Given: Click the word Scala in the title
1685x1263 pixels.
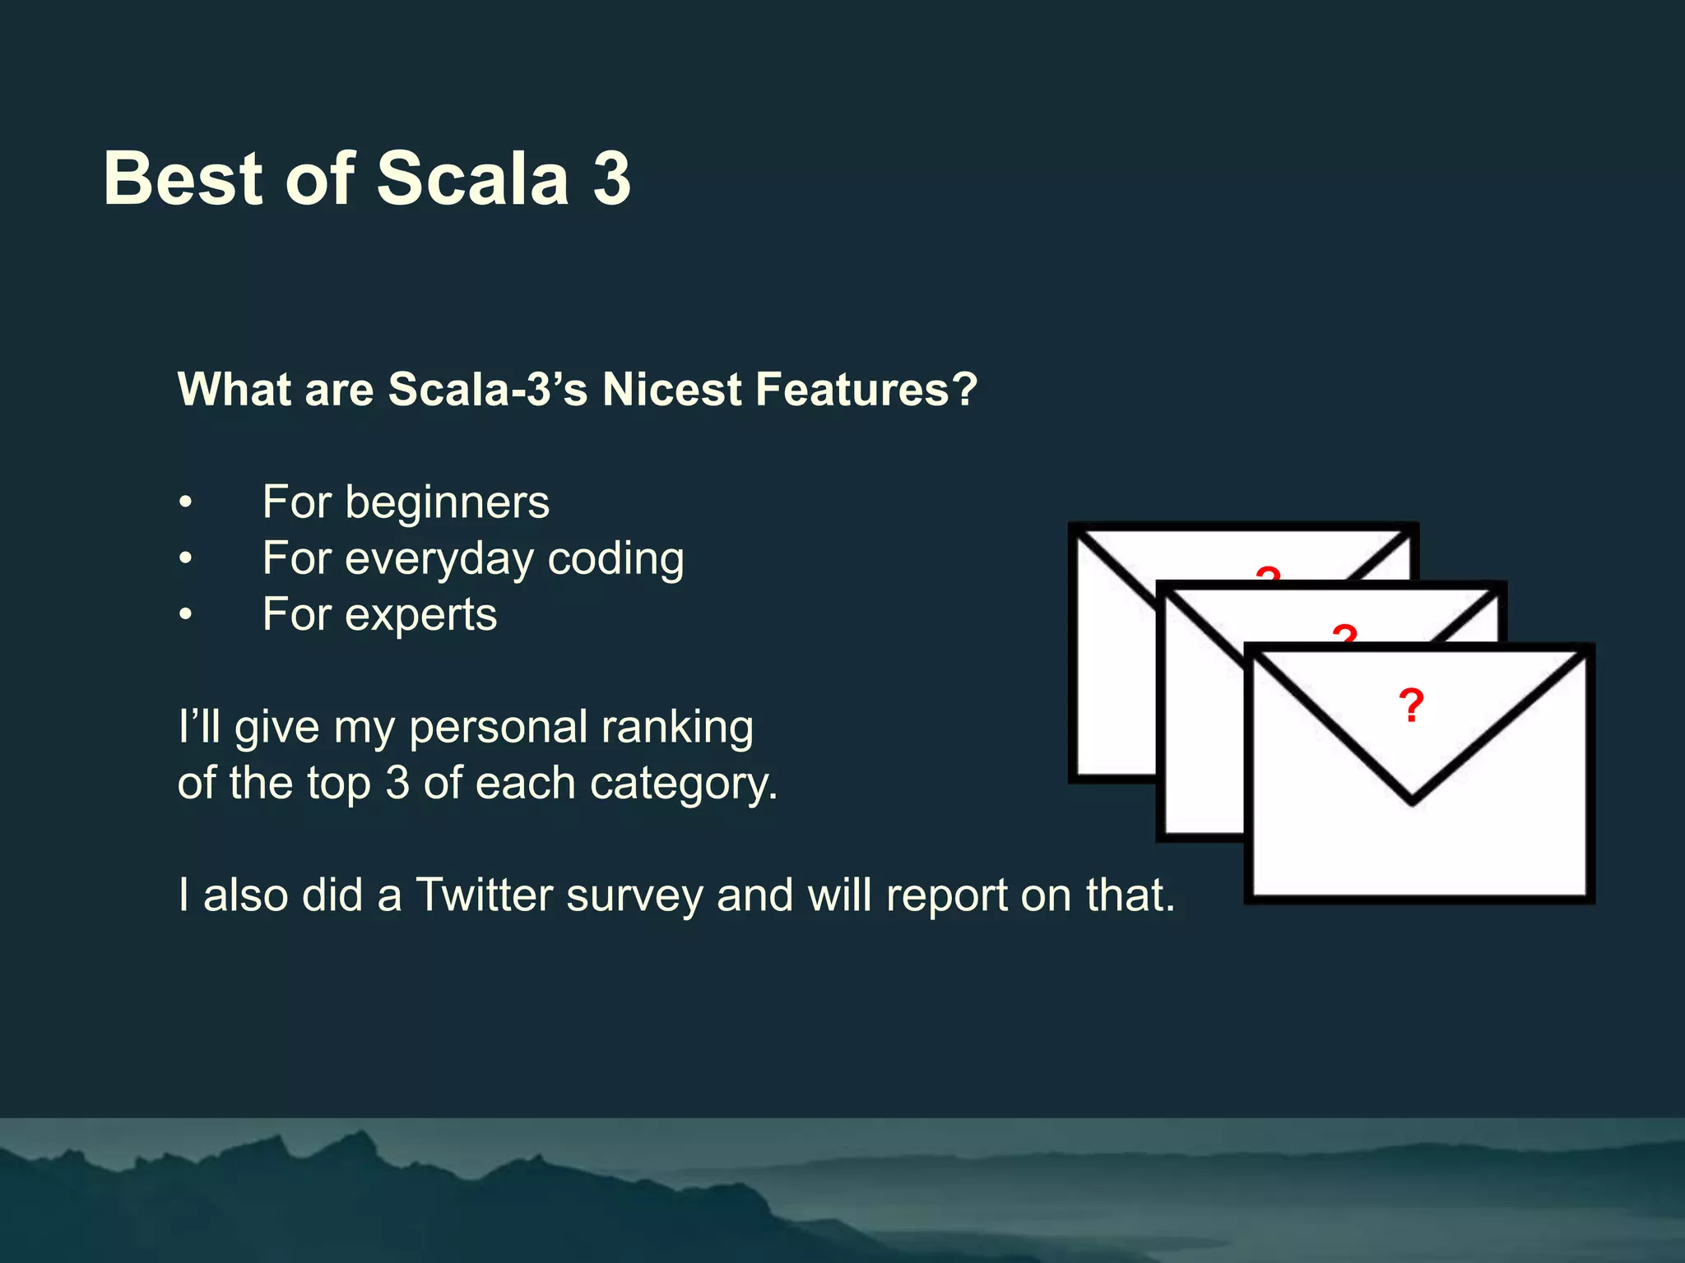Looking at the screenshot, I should click(472, 178).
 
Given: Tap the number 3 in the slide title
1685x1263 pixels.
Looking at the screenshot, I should click(611, 178).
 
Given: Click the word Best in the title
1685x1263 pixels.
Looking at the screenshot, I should click(183, 178).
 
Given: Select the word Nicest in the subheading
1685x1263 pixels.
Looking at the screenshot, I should click(671, 389).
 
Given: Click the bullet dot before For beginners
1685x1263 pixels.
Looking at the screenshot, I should click(187, 502).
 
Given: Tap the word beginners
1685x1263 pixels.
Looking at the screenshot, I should click(447, 504).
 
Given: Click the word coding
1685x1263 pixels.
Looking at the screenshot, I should click(615, 560).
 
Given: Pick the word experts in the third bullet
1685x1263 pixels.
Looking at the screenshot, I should click(420, 616).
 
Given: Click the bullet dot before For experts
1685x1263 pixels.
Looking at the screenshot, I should click(187, 615).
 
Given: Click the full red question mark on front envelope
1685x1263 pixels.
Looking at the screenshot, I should click(1411, 706).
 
